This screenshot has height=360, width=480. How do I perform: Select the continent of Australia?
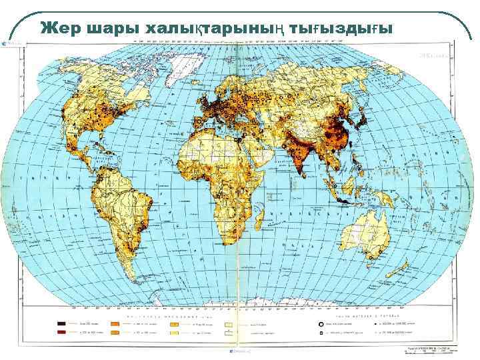(364, 237)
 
